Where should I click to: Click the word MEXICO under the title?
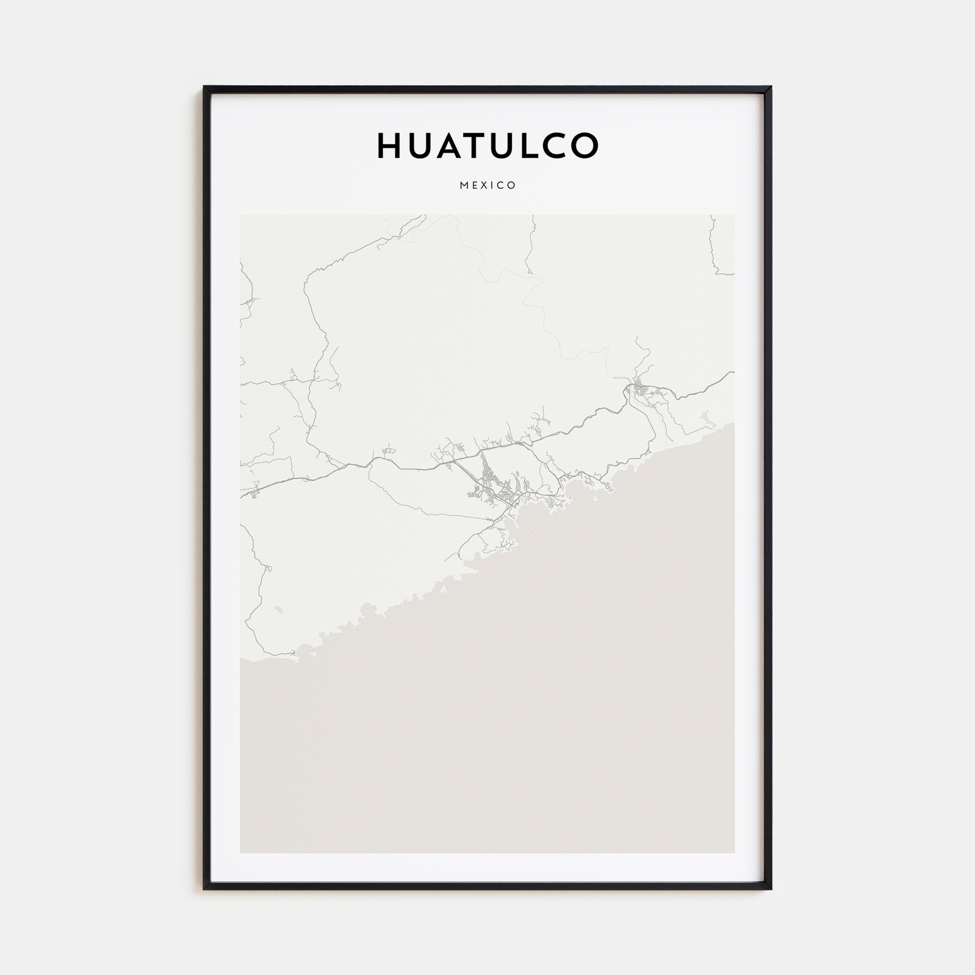487,185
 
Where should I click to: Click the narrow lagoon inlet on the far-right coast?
706,417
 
